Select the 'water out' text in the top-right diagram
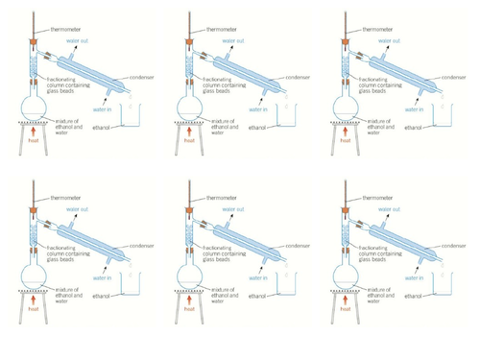tap(389, 41)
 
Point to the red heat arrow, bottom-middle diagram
tap(191, 303)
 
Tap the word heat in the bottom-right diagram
tap(347, 313)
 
